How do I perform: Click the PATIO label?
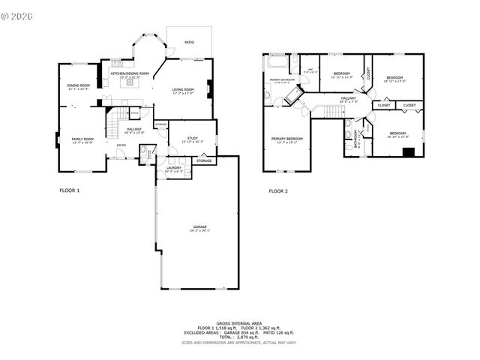190,43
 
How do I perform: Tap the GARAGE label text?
199,226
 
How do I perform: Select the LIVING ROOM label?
183,91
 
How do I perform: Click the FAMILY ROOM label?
82,139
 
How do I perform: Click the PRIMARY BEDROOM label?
287,139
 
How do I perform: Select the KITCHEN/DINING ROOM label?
130,73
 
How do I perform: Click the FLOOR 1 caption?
69,190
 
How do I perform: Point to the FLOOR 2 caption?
278,190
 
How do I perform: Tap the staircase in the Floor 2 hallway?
333,111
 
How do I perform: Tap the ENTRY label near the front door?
121,156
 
